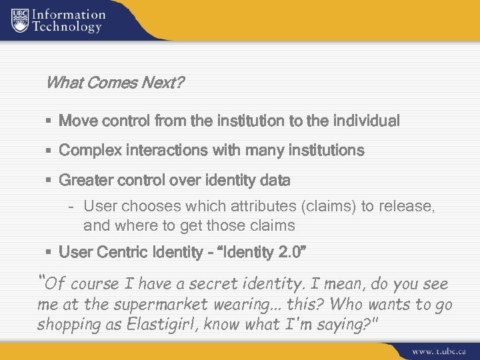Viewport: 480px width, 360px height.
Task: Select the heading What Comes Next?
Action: point(115,84)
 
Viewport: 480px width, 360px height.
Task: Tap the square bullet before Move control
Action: point(50,122)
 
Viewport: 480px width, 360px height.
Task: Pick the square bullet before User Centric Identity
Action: point(50,253)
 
